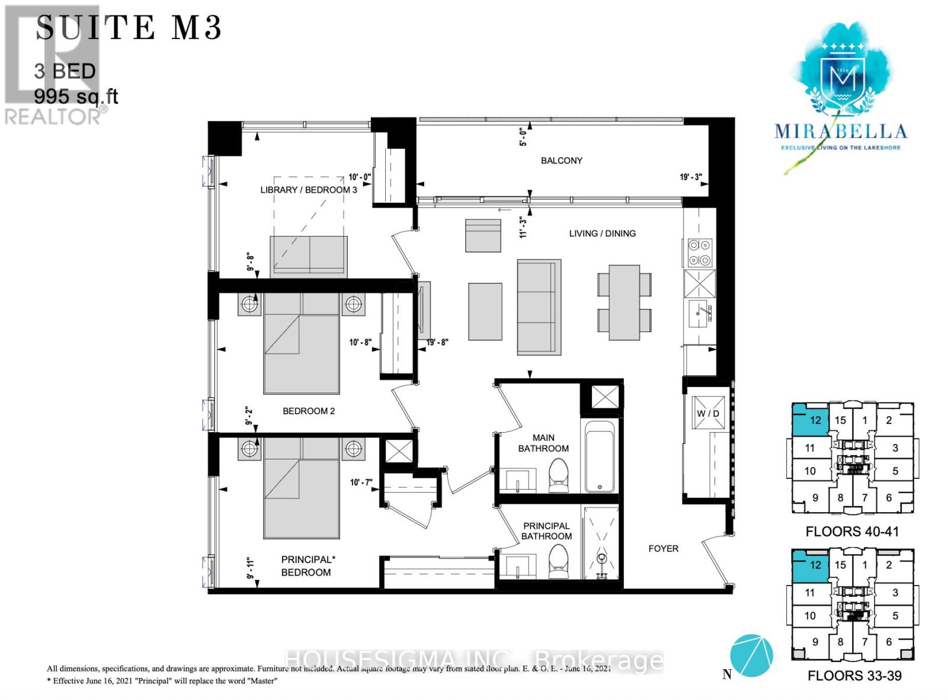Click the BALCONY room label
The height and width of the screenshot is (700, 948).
pos(561,161)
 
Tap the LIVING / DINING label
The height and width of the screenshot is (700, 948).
pos(602,234)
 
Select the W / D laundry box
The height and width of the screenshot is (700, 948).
pos(708,413)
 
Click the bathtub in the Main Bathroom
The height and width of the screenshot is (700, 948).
pos(599,457)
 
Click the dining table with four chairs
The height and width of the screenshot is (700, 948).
pos(624,302)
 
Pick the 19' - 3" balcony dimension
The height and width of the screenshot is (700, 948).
pos(690,177)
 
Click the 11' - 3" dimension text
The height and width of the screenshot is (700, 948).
pos(523,226)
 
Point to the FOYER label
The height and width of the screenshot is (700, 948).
pos(663,549)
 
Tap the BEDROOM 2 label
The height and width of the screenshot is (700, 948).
pos(309,411)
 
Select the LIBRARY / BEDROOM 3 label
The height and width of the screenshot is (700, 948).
pos(309,190)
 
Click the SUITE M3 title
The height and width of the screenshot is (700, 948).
pos(129,28)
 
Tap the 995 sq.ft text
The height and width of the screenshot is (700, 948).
pos(76,96)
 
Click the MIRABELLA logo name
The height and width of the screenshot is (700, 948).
pos(840,132)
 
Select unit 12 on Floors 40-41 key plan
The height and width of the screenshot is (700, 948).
pos(815,420)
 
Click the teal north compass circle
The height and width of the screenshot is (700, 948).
pos(751,656)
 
